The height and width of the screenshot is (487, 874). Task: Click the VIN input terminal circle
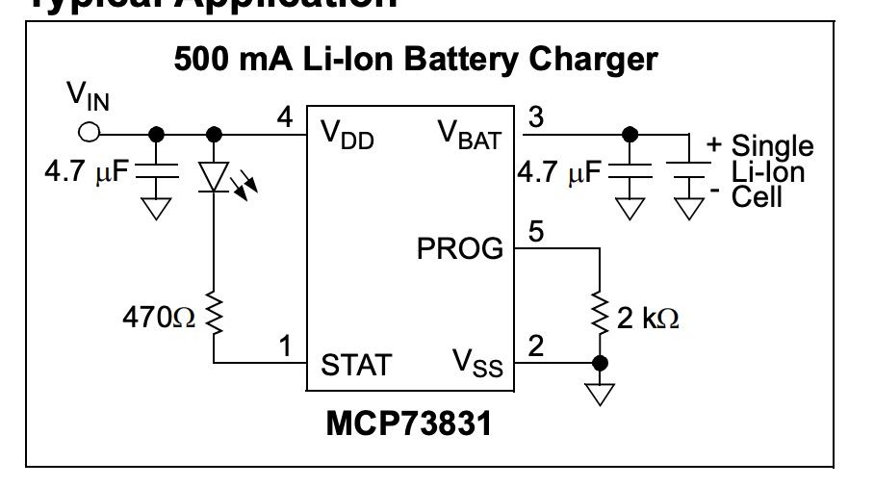[x=90, y=133]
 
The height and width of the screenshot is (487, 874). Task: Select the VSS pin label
[x=476, y=365]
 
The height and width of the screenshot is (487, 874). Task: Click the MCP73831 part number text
[x=408, y=423]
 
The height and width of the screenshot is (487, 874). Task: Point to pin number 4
[x=284, y=117]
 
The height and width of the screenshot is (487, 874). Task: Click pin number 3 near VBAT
[x=537, y=117]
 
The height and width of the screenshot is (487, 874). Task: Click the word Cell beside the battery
[x=758, y=197]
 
